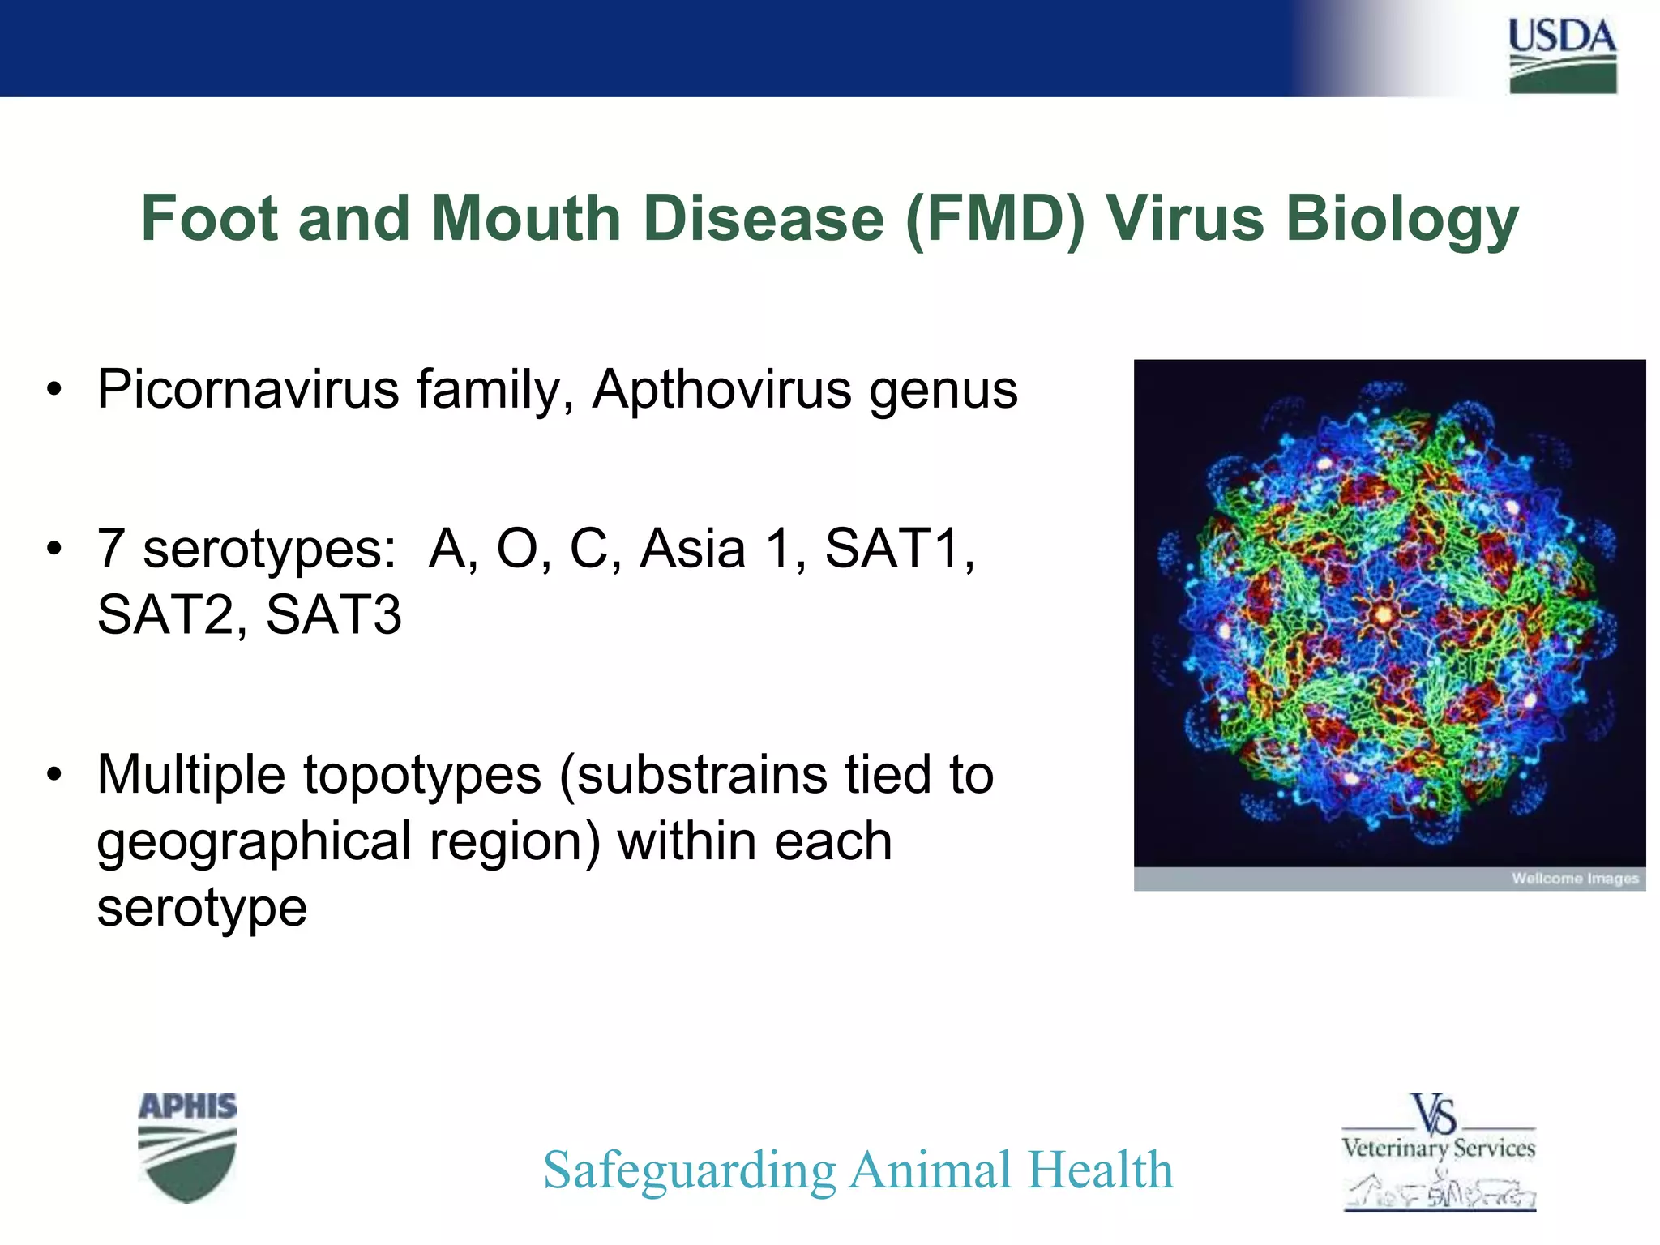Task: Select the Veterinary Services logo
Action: (x=1439, y=1151)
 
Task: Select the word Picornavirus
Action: (x=247, y=390)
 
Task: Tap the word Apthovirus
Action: (x=721, y=390)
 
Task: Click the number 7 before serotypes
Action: (x=110, y=549)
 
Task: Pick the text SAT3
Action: (x=333, y=615)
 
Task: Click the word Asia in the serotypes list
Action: (x=693, y=549)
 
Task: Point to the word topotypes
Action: (x=422, y=775)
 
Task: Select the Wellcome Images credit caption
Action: (x=1574, y=879)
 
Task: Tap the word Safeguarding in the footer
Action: (x=689, y=1170)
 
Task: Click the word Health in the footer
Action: (x=1100, y=1170)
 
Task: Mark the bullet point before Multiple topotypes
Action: (x=54, y=775)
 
